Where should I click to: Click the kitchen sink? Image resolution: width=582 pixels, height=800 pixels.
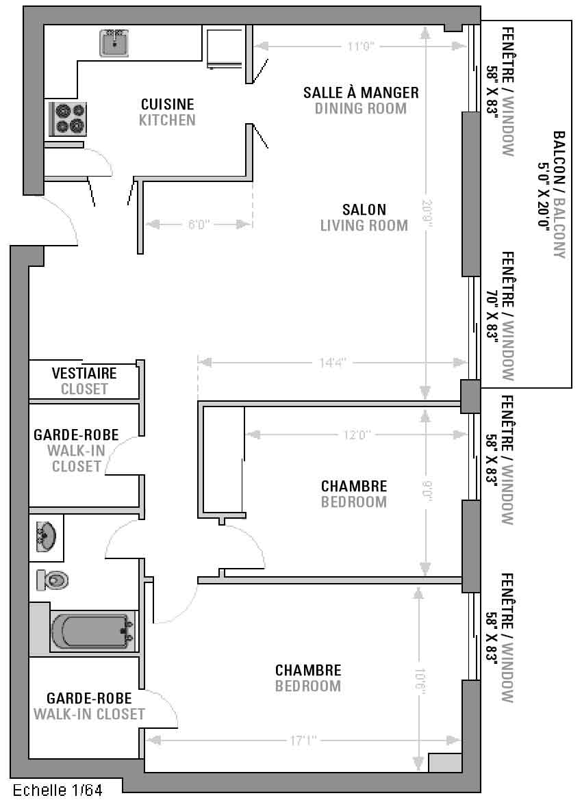coord(114,42)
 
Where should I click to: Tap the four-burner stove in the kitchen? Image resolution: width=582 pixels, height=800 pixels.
coord(68,119)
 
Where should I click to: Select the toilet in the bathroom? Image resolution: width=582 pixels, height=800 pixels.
coord(53,580)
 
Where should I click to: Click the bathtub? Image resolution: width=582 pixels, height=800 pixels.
coord(92,631)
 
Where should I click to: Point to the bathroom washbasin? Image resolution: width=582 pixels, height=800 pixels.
coord(47,537)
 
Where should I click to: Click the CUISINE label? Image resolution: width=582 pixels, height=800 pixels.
coord(168,104)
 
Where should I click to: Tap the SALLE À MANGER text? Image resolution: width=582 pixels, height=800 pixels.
coord(361,92)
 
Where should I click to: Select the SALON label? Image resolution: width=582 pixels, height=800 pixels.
coord(364,209)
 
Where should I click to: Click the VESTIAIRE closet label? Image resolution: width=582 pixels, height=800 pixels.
coord(84,373)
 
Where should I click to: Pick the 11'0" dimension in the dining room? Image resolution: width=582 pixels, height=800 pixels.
coord(361,47)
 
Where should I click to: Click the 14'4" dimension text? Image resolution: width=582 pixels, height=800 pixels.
coord(333,363)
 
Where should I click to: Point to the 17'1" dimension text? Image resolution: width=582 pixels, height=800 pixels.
coord(304,740)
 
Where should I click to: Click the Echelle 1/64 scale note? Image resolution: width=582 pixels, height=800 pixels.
coord(58,790)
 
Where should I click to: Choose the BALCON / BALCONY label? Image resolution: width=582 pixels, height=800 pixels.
coord(553,195)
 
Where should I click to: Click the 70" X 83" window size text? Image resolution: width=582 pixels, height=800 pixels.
coord(492,316)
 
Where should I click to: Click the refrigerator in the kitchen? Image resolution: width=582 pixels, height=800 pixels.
coord(224,47)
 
